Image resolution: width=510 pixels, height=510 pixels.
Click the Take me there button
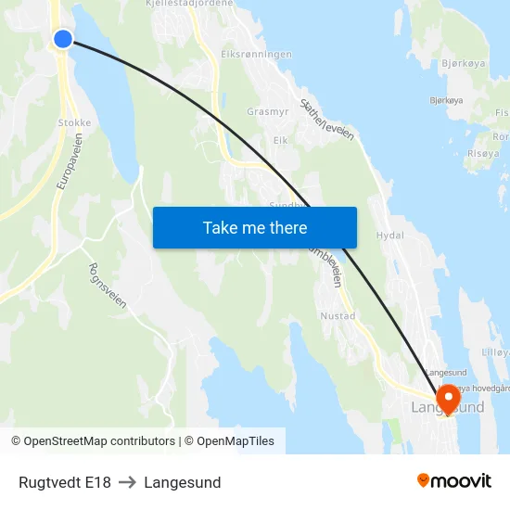coord(254,227)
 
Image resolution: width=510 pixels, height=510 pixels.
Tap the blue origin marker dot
coord(63,38)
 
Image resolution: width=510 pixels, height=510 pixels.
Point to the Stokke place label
coord(74,121)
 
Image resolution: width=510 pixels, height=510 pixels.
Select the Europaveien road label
coord(69,161)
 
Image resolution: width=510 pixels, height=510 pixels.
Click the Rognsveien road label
coord(106,286)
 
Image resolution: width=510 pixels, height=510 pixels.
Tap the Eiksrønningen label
coord(257,54)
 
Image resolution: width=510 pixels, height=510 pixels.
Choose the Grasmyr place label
coord(267,112)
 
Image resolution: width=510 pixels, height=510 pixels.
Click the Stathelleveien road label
coord(326,121)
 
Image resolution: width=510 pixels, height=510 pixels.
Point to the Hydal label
coord(390,236)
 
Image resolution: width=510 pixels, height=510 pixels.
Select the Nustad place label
coord(338,316)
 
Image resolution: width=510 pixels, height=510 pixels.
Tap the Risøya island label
coord(482,153)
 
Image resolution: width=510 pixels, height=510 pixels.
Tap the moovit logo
coord(454,480)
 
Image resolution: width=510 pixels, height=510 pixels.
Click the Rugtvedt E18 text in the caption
coord(64,482)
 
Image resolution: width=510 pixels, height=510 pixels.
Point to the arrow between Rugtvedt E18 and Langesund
coord(127,482)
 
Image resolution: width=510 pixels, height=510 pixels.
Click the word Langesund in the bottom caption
coord(182,482)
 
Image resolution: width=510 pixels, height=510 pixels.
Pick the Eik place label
coord(281,140)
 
